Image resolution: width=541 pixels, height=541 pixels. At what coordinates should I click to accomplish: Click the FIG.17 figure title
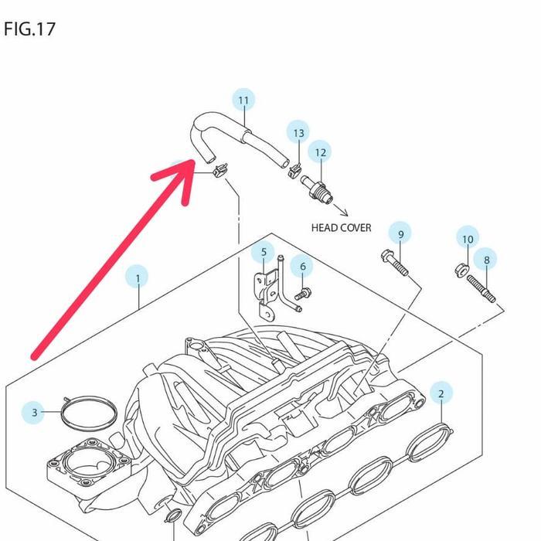point(29,29)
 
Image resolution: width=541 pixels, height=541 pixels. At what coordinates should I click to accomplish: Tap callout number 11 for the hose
point(244,100)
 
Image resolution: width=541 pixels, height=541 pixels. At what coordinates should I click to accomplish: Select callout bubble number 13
point(298,133)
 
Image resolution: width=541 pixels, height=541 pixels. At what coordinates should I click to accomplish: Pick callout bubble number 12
point(320,152)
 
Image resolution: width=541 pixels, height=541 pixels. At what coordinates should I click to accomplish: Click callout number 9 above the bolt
point(400,234)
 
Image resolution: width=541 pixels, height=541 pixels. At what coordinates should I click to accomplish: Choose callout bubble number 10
point(468,239)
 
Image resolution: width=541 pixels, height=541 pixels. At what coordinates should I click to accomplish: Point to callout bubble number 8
point(487,260)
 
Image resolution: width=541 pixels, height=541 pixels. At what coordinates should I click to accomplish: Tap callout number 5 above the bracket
point(264,252)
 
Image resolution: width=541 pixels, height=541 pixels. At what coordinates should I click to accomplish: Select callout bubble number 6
point(303,267)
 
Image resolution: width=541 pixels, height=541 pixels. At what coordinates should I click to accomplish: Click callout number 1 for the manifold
point(138,278)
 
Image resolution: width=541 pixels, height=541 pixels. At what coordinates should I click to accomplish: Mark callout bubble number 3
point(34,413)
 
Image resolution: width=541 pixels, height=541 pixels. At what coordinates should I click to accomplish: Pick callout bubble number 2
point(441,393)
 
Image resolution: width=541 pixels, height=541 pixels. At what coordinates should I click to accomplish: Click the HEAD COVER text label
point(341,228)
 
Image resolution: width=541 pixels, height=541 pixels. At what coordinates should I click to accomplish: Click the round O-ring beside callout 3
point(87,413)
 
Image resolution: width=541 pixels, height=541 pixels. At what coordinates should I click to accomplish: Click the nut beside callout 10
point(459,270)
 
